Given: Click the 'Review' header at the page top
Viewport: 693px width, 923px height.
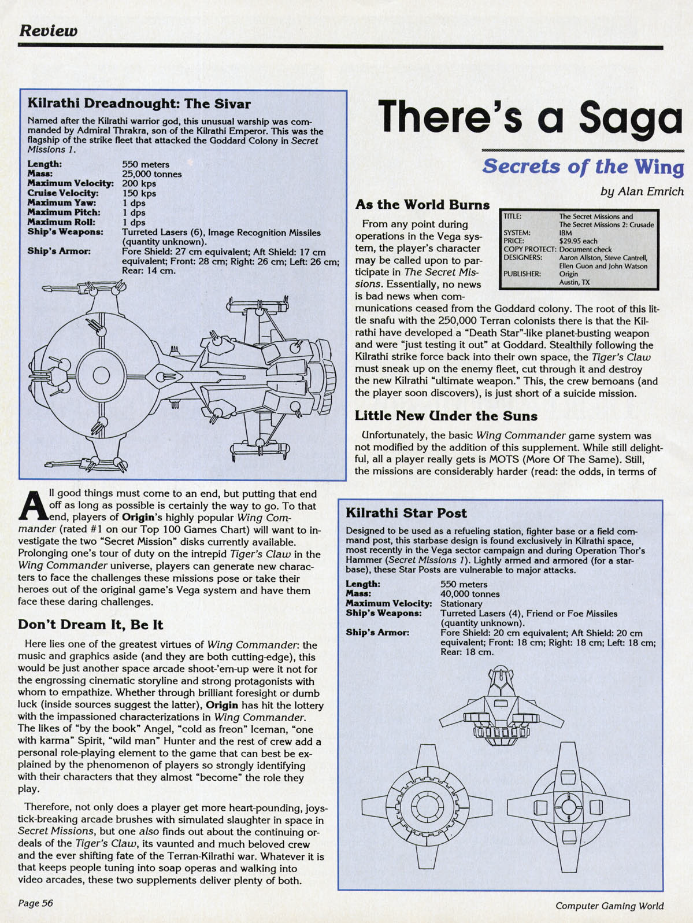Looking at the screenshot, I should click(48, 30).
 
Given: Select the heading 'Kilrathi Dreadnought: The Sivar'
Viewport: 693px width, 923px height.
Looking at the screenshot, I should click(139, 104).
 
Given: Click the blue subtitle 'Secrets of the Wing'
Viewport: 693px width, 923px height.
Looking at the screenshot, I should click(583, 167).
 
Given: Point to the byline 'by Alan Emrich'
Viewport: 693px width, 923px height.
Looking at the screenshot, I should click(642, 191).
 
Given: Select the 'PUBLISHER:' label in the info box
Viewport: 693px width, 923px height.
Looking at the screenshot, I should click(522, 274).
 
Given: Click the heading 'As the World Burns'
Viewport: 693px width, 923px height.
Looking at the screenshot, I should click(422, 205).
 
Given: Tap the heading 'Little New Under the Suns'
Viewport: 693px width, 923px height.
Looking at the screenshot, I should click(446, 416).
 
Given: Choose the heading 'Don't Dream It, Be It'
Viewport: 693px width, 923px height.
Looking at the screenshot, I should click(91, 625).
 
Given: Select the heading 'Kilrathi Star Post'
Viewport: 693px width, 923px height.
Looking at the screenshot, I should click(406, 513).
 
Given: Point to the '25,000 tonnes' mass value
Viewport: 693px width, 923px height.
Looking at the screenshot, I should click(152, 174).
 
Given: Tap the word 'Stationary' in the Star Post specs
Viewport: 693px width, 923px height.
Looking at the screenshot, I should click(461, 604).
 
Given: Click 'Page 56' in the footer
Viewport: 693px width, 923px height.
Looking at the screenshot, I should click(36, 903).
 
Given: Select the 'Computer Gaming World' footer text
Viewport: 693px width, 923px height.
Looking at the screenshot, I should click(609, 906).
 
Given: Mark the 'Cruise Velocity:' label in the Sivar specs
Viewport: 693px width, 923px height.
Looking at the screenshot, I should click(63, 193).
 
